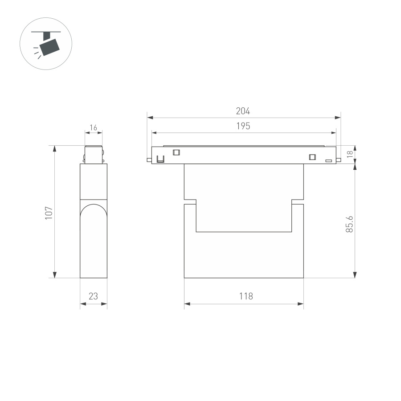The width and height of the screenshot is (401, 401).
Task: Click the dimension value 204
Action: coord(243,111)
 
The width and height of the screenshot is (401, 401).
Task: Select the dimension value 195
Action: coord(243,126)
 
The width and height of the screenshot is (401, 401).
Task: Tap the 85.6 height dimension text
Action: coord(350,224)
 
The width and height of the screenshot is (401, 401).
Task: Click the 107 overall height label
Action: coord(49,212)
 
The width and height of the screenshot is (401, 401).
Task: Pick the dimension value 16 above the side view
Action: coord(93,128)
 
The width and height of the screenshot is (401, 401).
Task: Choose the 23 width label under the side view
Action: coord(93,296)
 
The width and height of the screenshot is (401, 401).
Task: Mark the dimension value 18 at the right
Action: coord(350,154)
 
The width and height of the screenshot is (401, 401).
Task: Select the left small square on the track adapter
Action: coord(176,152)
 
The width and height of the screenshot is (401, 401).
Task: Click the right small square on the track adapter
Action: coord(312,156)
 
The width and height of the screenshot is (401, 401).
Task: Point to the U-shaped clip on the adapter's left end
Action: coord(160,159)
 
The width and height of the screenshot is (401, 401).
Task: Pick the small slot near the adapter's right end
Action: coord(329,160)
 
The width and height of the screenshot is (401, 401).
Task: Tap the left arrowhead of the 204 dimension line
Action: coord(150,118)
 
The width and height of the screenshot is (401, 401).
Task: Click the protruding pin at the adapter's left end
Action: coord(149,160)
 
